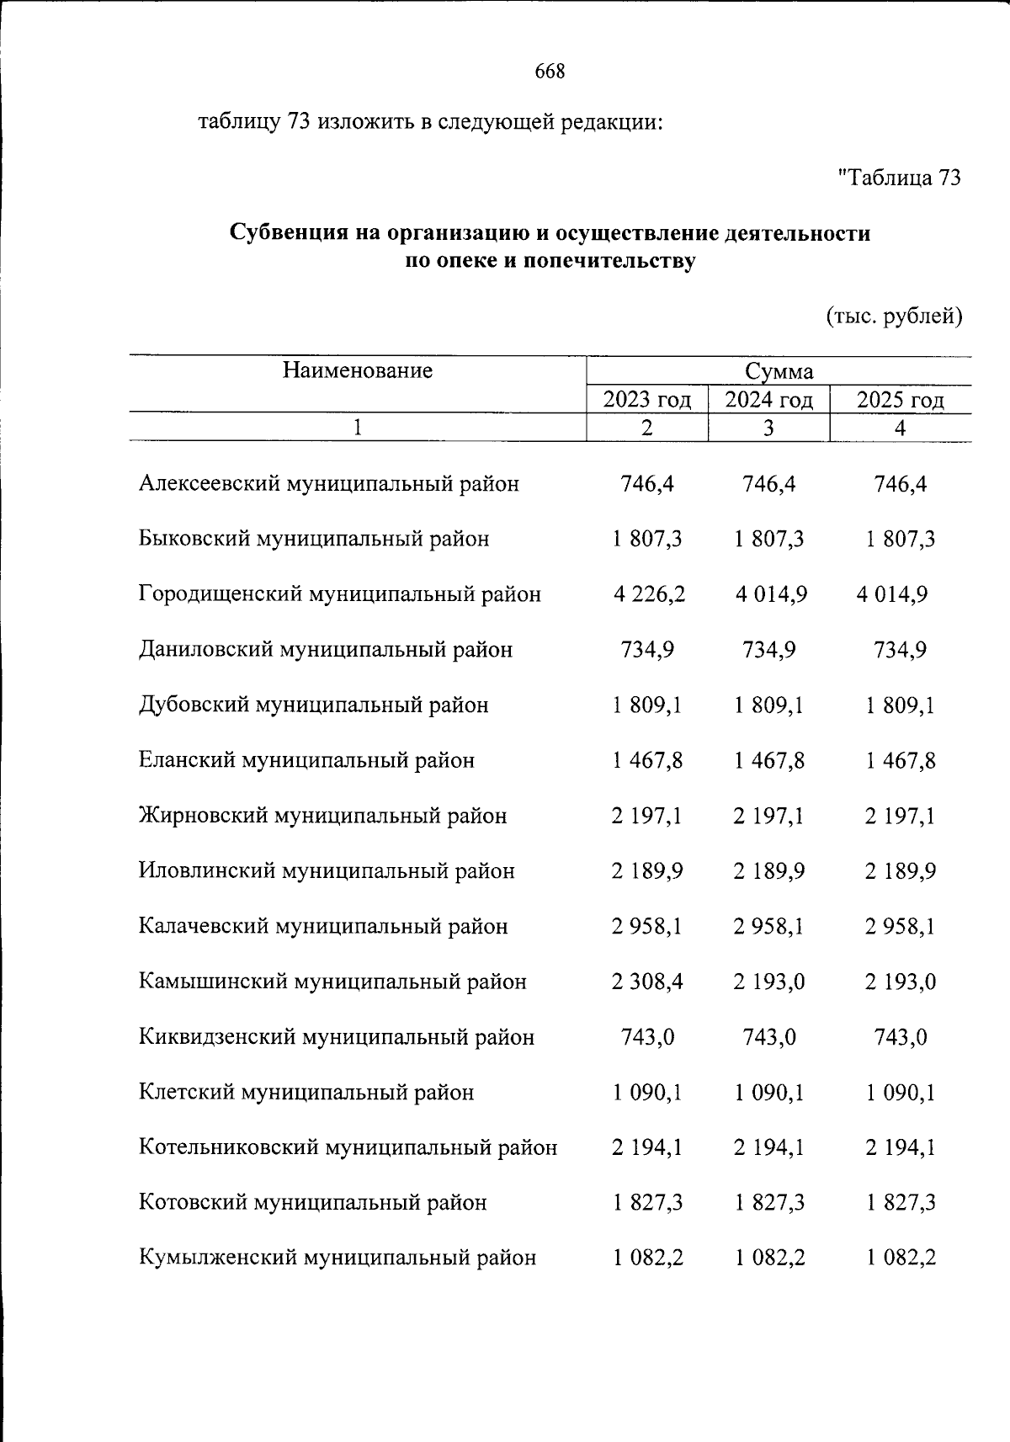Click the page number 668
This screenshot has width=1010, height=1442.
pos(550,72)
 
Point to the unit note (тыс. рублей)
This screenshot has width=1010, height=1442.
pos(892,317)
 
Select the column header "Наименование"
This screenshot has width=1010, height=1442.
pos(357,370)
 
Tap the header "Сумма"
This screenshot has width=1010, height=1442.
pos(779,371)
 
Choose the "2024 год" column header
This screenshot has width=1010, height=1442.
pos(768,400)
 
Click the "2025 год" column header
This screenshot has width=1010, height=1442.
pos(900,400)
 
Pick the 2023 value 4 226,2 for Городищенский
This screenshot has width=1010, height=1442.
pos(649,594)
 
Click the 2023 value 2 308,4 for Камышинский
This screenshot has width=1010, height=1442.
pos(647,982)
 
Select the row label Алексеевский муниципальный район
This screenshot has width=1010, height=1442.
pos(328,484)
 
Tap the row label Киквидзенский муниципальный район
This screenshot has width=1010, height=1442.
pos(336,1037)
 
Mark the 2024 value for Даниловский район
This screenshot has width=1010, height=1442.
pos(768,650)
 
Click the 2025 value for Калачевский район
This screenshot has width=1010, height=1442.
pos(900,926)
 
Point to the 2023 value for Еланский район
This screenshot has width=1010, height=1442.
pos(647,760)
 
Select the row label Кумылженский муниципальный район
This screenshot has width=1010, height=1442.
pos(337,1258)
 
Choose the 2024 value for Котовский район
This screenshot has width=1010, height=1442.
pos(768,1203)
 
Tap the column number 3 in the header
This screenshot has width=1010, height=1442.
pos(768,428)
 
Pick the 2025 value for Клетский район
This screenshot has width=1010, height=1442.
pos(900,1093)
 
